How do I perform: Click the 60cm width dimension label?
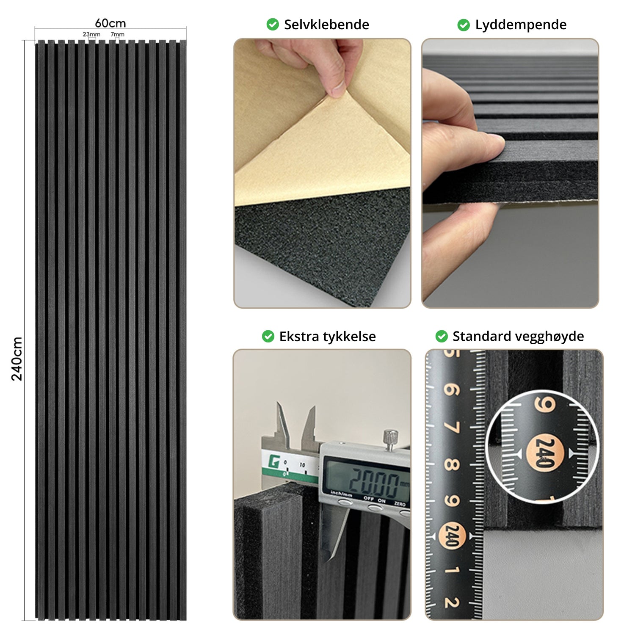tap(110, 23)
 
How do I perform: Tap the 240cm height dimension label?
tap(17, 359)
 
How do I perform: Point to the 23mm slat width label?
tap(91, 34)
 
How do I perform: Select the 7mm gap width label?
tap(117, 34)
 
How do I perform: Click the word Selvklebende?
tap(326, 25)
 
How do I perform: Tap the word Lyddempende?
tap(521, 25)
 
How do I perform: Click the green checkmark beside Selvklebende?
tap(273, 25)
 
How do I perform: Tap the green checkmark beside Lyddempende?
tap(464, 25)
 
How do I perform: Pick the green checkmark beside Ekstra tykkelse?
tap(268, 337)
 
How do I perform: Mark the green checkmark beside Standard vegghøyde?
tap(442, 337)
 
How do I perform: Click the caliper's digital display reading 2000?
tap(366, 481)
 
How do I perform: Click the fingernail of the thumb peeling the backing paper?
tap(338, 88)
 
